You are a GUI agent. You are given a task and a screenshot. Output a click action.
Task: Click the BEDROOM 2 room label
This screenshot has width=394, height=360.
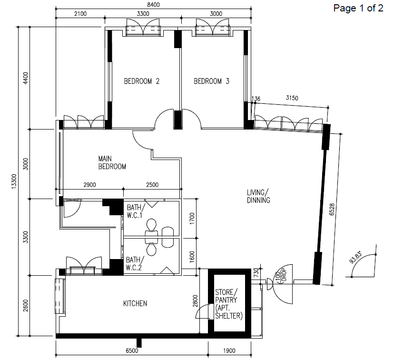pos(142,81)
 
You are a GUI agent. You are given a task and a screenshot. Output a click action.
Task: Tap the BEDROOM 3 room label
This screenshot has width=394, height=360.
pos(212,81)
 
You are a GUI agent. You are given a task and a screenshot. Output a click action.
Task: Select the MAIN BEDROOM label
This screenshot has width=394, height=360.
pos(112,163)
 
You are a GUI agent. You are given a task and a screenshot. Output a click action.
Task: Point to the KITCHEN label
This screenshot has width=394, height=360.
pos(135,303)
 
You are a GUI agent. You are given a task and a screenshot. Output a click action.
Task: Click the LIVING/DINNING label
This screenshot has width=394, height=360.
pos(258,196)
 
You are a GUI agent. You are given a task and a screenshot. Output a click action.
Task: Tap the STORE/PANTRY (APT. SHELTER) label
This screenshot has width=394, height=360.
pos(229,304)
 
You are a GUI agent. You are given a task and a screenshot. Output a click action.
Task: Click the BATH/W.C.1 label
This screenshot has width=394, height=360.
pos(136,211)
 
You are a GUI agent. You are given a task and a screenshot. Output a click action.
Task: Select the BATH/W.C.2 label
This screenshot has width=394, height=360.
pos(135,263)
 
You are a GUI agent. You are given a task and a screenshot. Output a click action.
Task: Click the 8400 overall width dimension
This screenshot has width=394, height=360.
pos(153,5)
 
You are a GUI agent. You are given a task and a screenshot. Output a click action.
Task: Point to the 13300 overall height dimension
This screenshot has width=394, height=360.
pos(14,181)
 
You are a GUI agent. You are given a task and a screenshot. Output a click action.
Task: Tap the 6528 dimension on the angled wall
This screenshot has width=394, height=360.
pos(332,209)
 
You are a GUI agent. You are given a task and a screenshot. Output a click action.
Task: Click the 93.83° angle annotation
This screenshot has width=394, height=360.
pos(355,257)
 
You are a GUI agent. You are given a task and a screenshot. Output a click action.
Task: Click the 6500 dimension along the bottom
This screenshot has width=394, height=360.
pos(132,350)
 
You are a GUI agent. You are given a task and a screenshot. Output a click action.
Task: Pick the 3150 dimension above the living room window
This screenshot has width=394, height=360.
pos(292,98)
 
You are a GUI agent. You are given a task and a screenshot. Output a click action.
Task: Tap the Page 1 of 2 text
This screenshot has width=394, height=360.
pos(358,8)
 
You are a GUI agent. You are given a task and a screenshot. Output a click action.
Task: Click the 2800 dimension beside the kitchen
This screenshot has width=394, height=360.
pos(195,301)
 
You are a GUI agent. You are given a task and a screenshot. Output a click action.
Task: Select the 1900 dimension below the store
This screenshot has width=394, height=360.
pos(229,350)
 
